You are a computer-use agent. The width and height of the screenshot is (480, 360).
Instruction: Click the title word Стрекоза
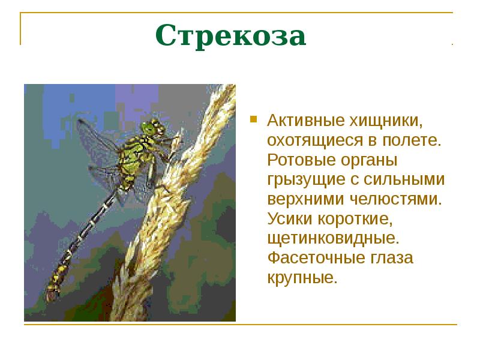click(x=230, y=37)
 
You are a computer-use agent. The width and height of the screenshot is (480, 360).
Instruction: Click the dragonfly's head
click(x=151, y=128)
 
